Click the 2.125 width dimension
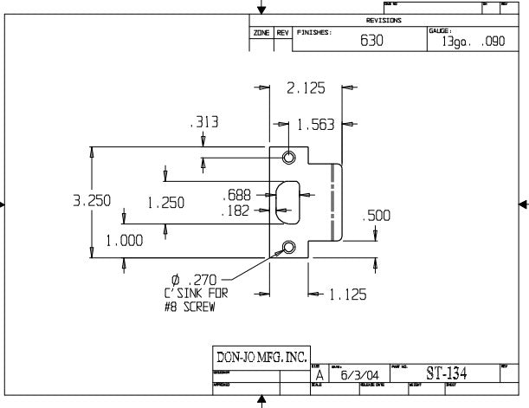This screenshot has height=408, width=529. tap(306, 87)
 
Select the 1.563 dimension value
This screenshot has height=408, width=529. tap(315, 126)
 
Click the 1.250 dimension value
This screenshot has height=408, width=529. tap(165, 203)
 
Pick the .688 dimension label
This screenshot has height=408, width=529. tap(236, 195)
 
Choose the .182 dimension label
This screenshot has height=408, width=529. tap(236, 210)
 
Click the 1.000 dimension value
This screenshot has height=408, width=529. tap(125, 242)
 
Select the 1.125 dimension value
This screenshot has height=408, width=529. tap(348, 295)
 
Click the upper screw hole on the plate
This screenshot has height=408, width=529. tap(288, 157)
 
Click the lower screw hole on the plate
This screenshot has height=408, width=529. tap(288, 248)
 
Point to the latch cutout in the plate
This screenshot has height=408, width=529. tap(287, 202)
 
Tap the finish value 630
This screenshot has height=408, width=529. tap(371, 40)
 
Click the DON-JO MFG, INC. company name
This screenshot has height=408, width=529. tap(260, 357)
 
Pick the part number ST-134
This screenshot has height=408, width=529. tap(447, 373)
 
